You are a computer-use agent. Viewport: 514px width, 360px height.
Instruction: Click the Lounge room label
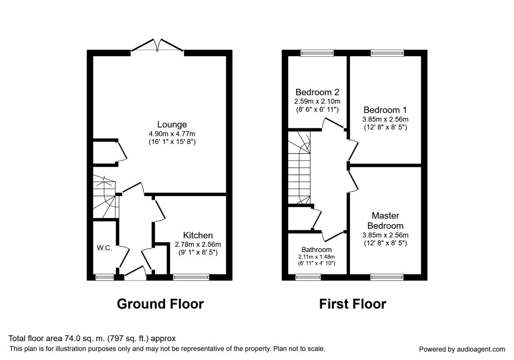[172, 124]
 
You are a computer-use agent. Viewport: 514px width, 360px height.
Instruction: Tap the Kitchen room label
[198, 235]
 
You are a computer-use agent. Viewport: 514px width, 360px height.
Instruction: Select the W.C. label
[105, 248]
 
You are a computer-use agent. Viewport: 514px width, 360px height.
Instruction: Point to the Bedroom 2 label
[317, 92]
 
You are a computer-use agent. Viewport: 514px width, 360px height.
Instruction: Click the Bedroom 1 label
[385, 110]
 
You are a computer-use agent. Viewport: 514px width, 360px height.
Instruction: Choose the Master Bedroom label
[385, 221]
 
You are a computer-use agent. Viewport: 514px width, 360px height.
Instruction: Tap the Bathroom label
[317, 249]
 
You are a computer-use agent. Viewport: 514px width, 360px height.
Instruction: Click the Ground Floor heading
[160, 304]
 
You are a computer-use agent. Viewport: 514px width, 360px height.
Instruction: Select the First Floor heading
[353, 304]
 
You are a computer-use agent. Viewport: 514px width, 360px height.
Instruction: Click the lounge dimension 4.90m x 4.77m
[172, 134]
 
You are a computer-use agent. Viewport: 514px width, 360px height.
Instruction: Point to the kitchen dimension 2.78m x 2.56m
[198, 245]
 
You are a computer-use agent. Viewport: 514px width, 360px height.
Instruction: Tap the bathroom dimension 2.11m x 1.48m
[317, 257]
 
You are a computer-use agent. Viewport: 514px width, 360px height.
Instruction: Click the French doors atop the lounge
[157, 45]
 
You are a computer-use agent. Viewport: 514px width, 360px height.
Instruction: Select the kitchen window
[191, 277]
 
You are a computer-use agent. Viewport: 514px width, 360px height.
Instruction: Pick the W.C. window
[105, 277]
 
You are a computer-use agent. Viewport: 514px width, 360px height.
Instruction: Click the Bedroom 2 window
[317, 53]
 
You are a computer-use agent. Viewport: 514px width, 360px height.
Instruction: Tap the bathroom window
[308, 277]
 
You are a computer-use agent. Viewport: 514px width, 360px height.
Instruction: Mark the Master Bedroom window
[387, 277]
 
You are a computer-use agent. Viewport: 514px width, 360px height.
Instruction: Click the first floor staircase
[299, 168]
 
